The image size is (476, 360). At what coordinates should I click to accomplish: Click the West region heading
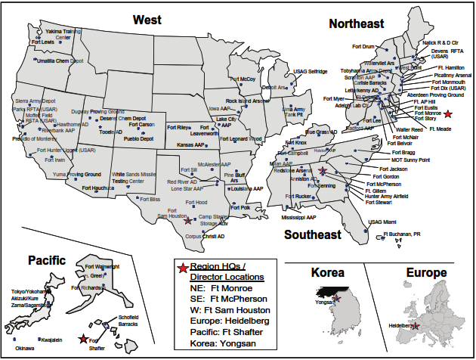tap(152, 18)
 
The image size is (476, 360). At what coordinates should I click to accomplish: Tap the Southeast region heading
tap(311, 235)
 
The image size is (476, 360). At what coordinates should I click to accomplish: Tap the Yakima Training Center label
tap(63, 33)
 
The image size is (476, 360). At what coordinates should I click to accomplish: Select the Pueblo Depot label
tap(138, 139)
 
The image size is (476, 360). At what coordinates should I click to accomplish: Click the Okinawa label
tap(25, 348)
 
